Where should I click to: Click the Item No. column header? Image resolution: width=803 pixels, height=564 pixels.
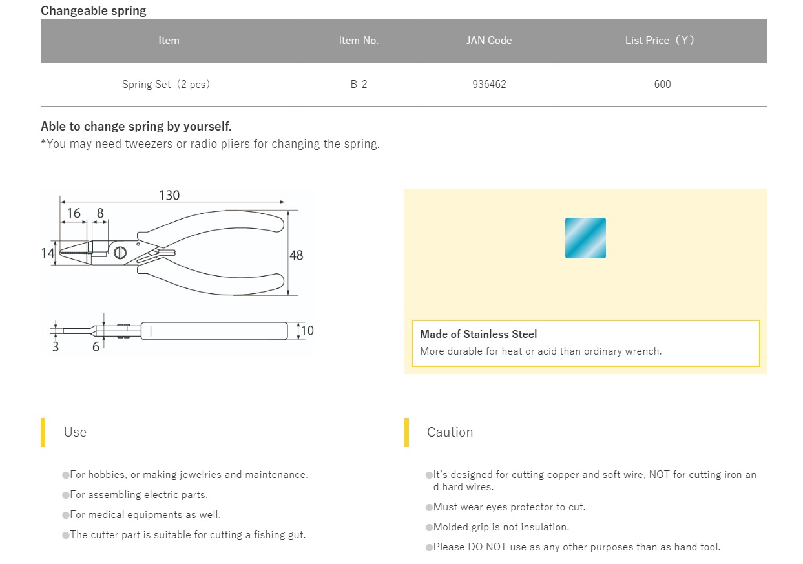pos(359,41)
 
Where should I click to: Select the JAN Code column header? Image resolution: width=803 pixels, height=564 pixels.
pos(489,41)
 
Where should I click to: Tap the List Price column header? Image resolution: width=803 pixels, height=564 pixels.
pos(662,41)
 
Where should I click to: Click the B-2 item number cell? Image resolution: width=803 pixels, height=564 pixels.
pos(359,85)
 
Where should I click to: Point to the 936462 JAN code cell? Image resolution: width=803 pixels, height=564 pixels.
pos(489,85)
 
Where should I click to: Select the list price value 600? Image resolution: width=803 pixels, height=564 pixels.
pos(662,85)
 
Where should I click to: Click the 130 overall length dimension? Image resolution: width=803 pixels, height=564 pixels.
pos(169,195)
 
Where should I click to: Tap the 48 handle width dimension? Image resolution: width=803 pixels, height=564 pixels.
pos(296,255)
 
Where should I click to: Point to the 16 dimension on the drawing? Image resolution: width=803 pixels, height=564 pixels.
pos(74,213)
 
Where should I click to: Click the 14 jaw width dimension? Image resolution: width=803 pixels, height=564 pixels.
pos(48,253)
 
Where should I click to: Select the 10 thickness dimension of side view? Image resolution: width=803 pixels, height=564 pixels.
pos(308,331)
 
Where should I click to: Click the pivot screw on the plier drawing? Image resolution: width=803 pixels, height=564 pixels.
pos(120,253)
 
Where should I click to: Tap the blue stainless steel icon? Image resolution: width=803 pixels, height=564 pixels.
pos(585,238)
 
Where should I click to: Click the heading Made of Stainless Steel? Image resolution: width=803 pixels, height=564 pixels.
pos(478,335)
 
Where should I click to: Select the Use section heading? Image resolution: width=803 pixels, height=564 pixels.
pos(75,432)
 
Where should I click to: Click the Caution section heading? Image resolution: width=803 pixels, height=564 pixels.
pos(450,432)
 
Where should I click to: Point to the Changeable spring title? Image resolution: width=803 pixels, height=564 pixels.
pos(94,11)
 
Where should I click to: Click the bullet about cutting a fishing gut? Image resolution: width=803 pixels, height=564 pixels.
pos(187,535)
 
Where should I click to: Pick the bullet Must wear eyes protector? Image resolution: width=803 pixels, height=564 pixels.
pos(509,507)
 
